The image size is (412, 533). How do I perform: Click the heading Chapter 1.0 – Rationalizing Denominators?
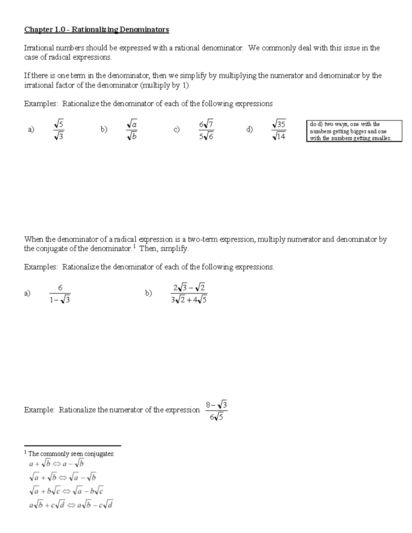pyautogui.click(x=96, y=30)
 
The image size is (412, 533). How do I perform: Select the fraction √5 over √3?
pyautogui.click(x=59, y=130)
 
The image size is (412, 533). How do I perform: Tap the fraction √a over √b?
pyautogui.click(x=132, y=130)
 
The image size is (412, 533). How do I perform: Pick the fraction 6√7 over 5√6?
pyautogui.click(x=206, y=130)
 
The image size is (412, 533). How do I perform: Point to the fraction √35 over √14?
pyautogui.click(x=278, y=130)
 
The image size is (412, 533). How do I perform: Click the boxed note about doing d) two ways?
pyautogui.click(x=354, y=131)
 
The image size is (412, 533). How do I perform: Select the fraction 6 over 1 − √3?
pyautogui.click(x=60, y=294)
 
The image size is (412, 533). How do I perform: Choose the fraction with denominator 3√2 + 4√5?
pyautogui.click(x=188, y=294)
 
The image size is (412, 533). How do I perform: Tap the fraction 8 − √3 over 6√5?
pyautogui.click(x=216, y=411)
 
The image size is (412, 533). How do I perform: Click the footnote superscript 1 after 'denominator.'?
pyautogui.click(x=134, y=246)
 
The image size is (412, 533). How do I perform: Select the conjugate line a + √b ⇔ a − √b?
pyautogui.click(x=57, y=464)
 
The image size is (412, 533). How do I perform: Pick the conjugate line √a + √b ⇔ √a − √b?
pyautogui.click(x=63, y=477)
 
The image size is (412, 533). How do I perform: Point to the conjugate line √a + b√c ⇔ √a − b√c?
pyautogui.click(x=67, y=491)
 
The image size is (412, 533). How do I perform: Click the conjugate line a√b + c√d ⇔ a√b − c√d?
pyautogui.click(x=71, y=505)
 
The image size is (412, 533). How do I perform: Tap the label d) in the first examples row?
pyautogui.click(x=249, y=129)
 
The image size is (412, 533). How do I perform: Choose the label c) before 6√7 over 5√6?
pyautogui.click(x=176, y=129)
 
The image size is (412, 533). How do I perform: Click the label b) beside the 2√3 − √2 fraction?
pyautogui.click(x=148, y=293)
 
